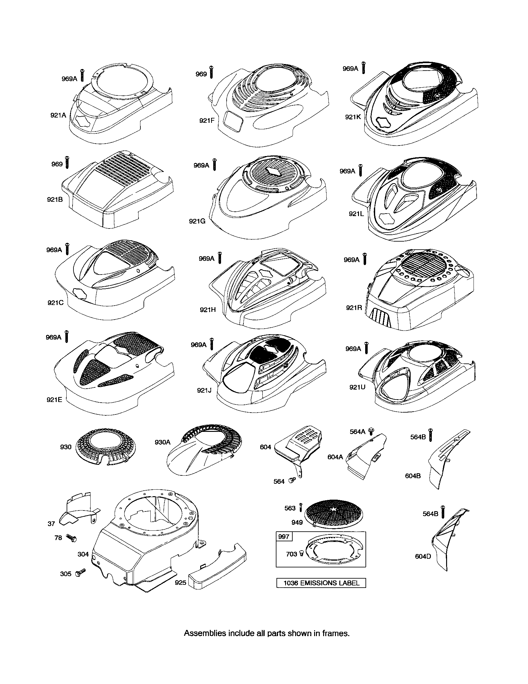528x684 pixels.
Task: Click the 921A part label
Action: [x=58, y=115]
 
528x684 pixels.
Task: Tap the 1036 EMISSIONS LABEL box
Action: [x=321, y=583]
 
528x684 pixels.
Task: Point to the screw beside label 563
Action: [x=301, y=507]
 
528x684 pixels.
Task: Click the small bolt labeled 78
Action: [x=72, y=538]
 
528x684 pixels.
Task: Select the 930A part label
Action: [x=163, y=442]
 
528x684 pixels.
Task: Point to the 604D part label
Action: [x=423, y=556]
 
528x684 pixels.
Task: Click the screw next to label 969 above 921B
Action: [x=67, y=162]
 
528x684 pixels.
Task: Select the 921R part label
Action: [x=354, y=307]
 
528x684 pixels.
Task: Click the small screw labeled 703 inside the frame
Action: [x=302, y=554]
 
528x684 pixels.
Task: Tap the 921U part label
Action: [x=357, y=387]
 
